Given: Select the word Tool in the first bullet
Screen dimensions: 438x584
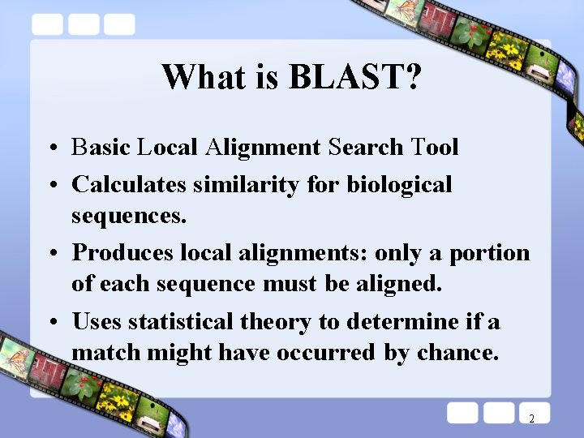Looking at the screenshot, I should [x=435, y=148].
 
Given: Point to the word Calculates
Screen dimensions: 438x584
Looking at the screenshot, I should [x=129, y=185].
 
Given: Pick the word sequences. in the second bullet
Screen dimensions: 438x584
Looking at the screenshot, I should [x=129, y=217].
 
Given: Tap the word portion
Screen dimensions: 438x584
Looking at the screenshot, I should [x=490, y=253].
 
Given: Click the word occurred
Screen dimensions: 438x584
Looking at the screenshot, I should [x=326, y=354].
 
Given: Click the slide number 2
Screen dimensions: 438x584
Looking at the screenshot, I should [x=531, y=419].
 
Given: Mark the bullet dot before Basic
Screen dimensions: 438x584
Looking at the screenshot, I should [x=51, y=149].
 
